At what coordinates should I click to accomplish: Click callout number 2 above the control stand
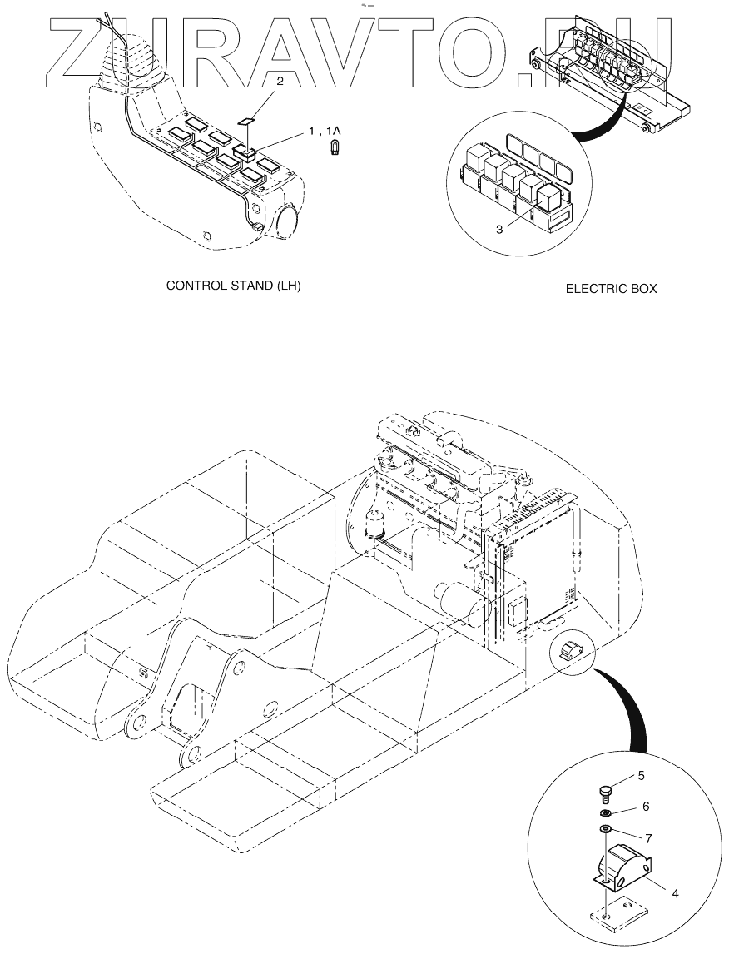280,82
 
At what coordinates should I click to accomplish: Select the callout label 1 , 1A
325,132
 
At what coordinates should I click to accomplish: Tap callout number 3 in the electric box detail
498,229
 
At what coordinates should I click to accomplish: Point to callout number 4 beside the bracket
675,893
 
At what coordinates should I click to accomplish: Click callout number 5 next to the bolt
641,776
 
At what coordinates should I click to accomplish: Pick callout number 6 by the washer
645,807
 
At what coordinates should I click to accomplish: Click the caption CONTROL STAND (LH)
233,286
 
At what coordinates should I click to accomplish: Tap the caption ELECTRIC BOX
611,289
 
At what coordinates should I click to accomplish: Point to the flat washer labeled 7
606,829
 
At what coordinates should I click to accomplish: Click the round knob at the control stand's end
285,223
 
